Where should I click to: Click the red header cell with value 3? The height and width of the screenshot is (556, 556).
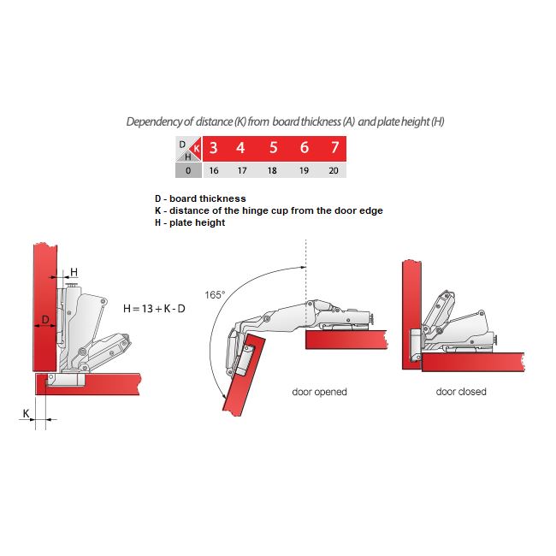(x=213, y=148)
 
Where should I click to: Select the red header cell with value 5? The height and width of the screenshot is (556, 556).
(x=274, y=148)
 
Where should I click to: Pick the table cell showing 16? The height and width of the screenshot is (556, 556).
(x=213, y=170)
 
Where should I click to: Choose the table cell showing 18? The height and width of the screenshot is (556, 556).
(x=274, y=170)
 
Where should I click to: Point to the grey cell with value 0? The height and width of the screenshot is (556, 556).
(x=187, y=170)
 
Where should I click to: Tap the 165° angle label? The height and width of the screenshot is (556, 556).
(x=215, y=295)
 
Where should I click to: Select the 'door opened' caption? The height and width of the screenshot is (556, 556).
(x=319, y=392)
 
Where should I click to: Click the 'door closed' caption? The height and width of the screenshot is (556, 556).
(x=461, y=392)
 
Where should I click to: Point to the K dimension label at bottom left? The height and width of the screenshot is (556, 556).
(x=27, y=412)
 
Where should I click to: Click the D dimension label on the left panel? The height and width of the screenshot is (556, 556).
(x=46, y=320)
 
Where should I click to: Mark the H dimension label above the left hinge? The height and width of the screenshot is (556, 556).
(x=74, y=271)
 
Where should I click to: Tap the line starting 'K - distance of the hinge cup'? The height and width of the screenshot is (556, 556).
(x=274, y=210)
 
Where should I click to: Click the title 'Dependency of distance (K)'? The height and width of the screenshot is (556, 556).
(x=285, y=121)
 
